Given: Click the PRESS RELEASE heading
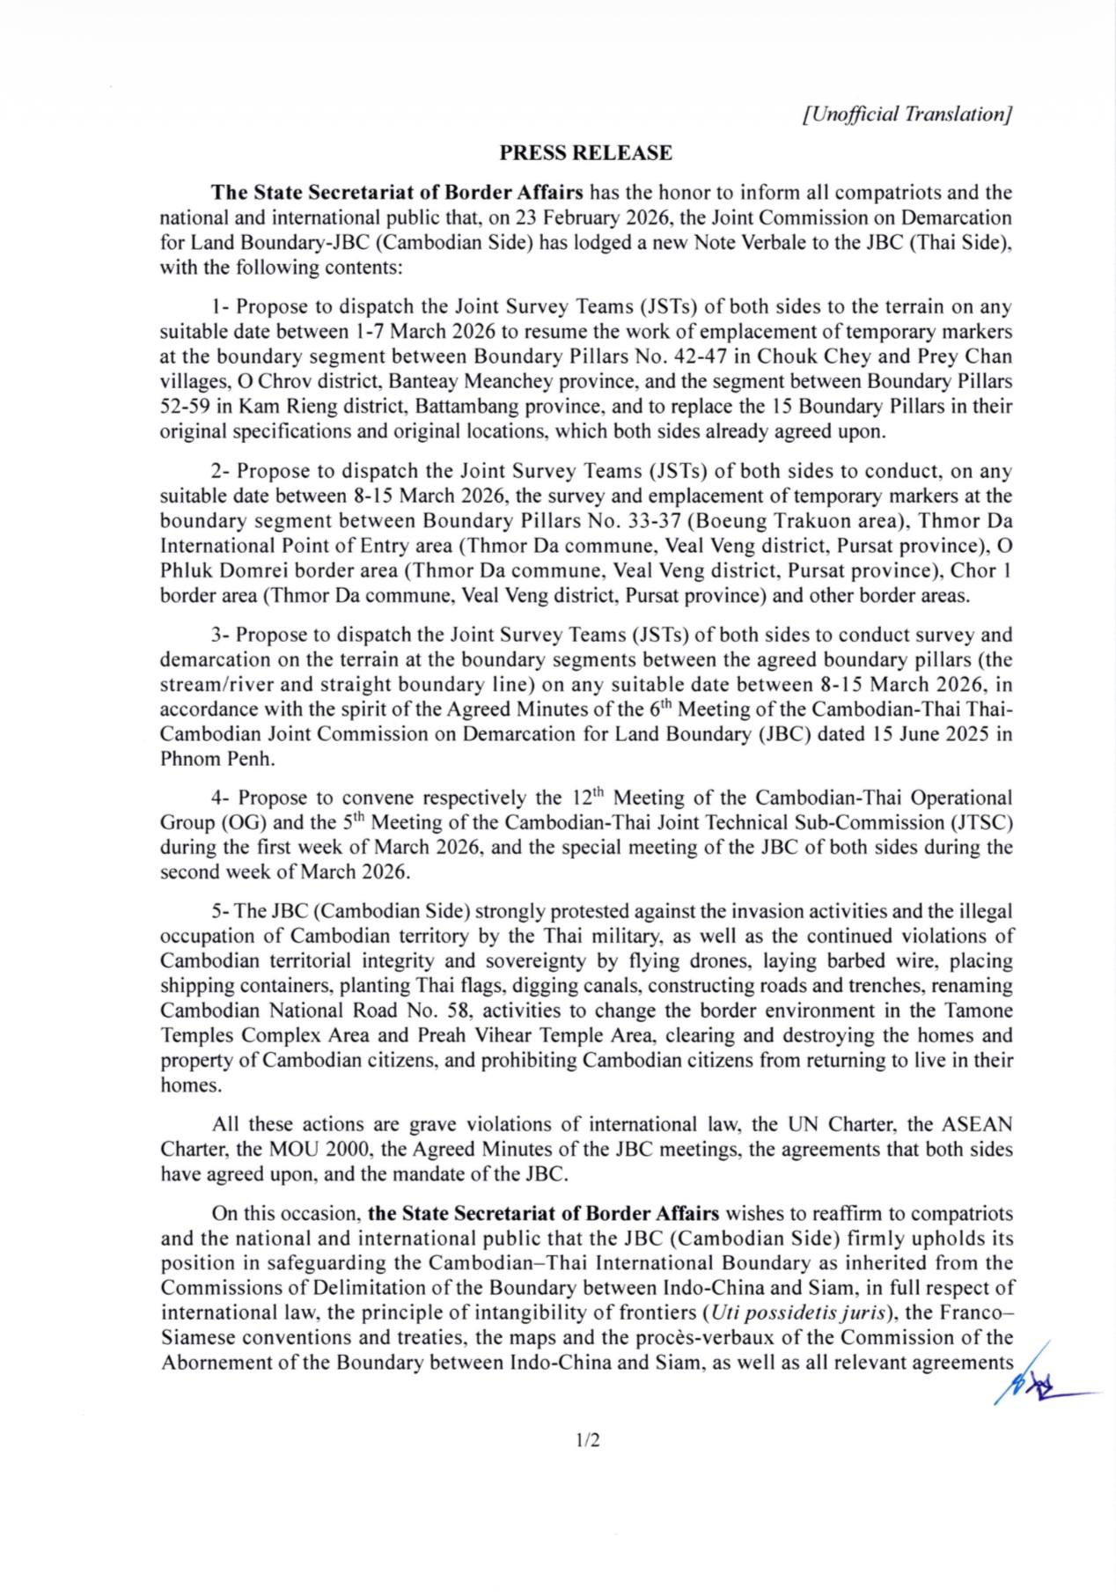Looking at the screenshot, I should pos(585,153).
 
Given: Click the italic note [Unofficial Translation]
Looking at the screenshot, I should pos(908,114).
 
